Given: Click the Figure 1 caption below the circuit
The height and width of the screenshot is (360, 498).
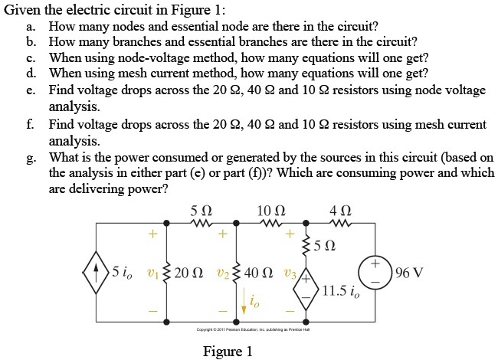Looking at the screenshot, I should coord(228,352).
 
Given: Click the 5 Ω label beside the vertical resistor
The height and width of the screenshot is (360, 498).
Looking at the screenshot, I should coord(326,247).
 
